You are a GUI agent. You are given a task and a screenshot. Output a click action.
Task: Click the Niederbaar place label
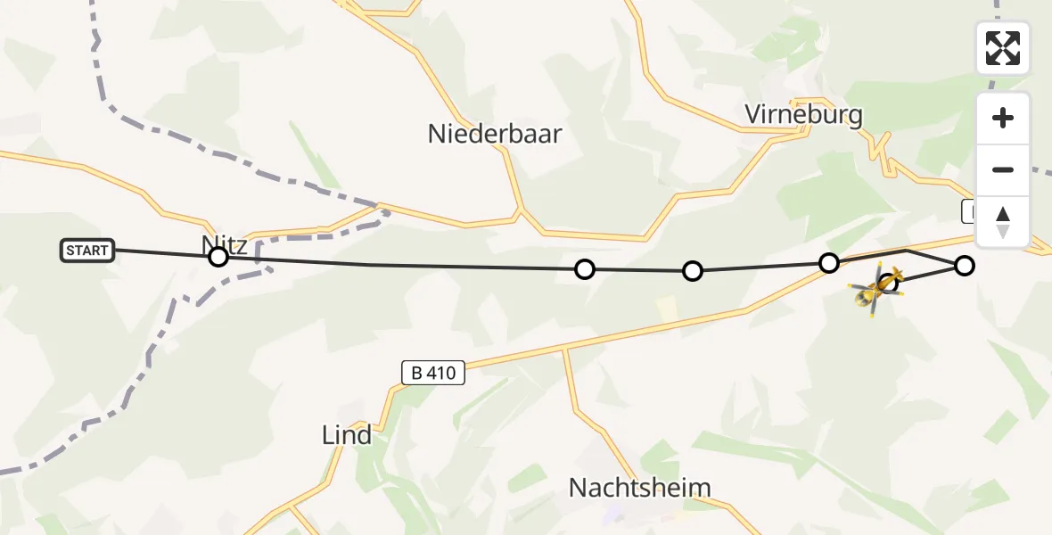click(x=495, y=134)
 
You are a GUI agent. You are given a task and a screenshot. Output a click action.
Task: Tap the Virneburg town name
click(x=804, y=115)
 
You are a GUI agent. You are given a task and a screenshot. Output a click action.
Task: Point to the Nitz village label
click(x=224, y=244)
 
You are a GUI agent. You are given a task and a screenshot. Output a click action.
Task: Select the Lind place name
click(x=347, y=435)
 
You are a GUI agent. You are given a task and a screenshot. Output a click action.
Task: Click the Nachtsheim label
click(x=640, y=488)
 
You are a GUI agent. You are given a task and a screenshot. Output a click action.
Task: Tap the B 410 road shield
click(x=433, y=373)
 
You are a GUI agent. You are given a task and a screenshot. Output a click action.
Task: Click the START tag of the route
click(x=87, y=251)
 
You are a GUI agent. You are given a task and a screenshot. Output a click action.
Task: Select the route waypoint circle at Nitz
click(x=218, y=258)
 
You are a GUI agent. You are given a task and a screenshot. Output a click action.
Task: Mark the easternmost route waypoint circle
click(x=965, y=265)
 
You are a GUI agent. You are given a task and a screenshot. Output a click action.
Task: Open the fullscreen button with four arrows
click(x=1003, y=48)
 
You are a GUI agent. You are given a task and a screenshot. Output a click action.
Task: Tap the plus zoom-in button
click(x=1003, y=118)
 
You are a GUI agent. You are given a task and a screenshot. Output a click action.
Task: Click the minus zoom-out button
click(x=1003, y=169)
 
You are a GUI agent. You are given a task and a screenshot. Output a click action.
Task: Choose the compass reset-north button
click(x=1003, y=221)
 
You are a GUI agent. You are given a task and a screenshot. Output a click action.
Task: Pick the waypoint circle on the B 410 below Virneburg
click(x=829, y=262)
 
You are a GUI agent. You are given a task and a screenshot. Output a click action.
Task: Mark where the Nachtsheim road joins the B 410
click(x=564, y=347)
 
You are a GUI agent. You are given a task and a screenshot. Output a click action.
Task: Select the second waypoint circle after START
click(x=584, y=269)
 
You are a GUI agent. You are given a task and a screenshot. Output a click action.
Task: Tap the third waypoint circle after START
click(x=693, y=271)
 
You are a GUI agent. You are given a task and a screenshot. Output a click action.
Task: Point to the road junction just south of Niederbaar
click(x=520, y=212)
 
